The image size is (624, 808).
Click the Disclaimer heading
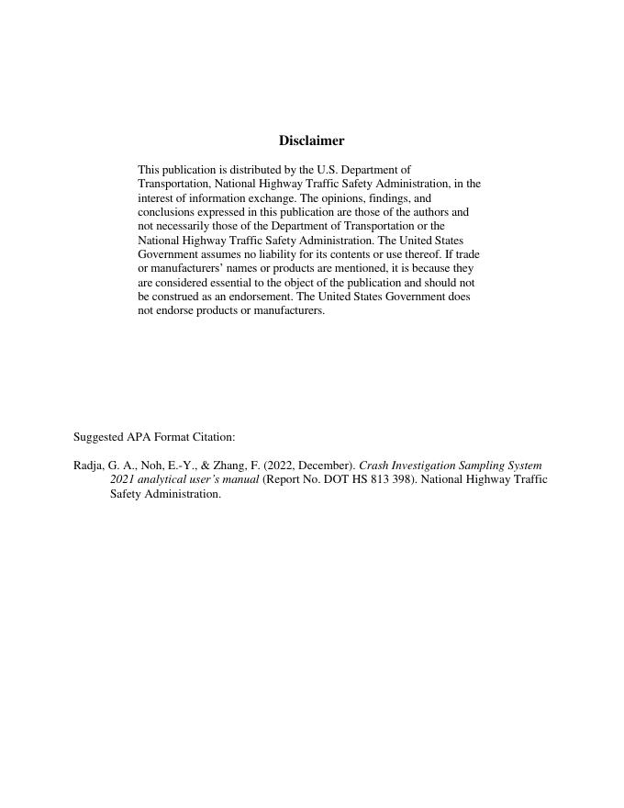coord(311,140)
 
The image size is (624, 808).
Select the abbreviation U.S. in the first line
coord(328,170)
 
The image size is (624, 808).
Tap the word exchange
coord(272,197)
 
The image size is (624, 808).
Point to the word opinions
coord(350,197)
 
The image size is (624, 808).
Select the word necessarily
coord(187,225)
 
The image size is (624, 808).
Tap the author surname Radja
coord(89,466)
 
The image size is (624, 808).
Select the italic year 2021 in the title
coord(122,479)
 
